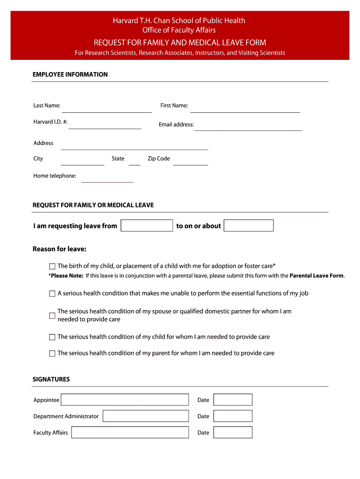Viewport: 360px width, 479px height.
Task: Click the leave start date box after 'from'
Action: [147, 225]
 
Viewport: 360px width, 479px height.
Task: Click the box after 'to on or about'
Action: [248, 225]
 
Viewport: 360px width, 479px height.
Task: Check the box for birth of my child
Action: [52, 266]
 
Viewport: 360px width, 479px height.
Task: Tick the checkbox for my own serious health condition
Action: [52, 294]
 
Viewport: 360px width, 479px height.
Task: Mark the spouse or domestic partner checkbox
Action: [52, 316]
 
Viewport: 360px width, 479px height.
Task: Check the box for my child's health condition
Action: [52, 337]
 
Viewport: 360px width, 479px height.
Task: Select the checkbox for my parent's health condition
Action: [52, 354]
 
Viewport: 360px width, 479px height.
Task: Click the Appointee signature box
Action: [125, 399]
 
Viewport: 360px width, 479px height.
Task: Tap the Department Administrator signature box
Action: [145, 416]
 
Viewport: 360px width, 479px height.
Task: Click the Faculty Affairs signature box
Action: [130, 432]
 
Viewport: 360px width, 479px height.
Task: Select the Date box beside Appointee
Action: [233, 399]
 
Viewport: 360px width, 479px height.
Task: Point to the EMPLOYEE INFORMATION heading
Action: [70, 74]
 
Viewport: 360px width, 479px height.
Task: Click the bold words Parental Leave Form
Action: [317, 276]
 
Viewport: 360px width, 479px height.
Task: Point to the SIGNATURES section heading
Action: [51, 379]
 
